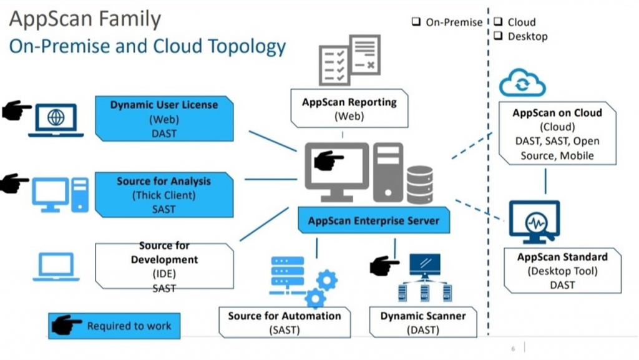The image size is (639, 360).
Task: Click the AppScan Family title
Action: coord(85,19)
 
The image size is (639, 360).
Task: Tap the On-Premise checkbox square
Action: coord(417,22)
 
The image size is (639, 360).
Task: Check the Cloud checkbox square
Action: coord(499,22)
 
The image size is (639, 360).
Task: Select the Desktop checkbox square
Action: coord(499,36)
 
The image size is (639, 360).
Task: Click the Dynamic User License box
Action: coord(164,119)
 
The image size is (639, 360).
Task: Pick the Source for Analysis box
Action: coord(164,195)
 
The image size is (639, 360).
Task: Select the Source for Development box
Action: coord(164,266)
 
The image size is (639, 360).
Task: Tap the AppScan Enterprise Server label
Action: coord(373,220)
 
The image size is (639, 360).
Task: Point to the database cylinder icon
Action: coord(419,184)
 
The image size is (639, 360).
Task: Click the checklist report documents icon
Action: coord(349,60)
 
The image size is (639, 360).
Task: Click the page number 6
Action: coord(513,348)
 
